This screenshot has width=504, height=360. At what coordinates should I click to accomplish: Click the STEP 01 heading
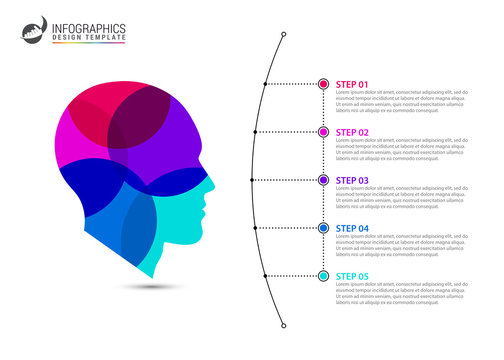click(352, 84)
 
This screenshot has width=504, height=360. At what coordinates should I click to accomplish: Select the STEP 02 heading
click(352, 132)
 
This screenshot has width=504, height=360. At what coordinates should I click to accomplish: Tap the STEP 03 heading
click(352, 180)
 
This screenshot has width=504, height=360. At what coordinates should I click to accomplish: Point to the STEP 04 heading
click(352, 228)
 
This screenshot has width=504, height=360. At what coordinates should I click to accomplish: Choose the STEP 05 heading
click(352, 276)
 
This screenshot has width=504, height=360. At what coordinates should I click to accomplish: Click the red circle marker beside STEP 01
click(323, 84)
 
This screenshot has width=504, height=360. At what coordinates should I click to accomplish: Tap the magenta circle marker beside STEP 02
click(323, 132)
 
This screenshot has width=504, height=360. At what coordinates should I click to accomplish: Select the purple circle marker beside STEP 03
click(323, 180)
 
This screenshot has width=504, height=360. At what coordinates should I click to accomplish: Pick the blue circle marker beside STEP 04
click(323, 228)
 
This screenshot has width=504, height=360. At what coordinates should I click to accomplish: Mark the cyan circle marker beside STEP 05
click(323, 276)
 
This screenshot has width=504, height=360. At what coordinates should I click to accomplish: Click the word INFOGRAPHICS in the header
click(90, 28)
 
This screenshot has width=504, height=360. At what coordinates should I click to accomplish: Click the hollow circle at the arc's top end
click(284, 36)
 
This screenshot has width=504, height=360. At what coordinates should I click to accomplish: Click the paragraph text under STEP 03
click(401, 198)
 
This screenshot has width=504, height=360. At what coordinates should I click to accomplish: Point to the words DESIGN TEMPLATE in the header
click(85, 40)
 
